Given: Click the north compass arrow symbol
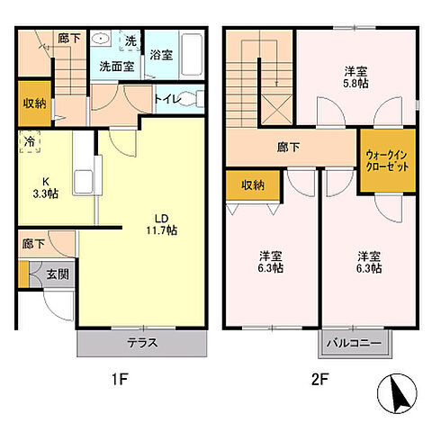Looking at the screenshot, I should click(399, 397).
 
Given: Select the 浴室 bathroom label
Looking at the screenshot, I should click(161, 55).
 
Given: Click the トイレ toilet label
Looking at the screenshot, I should click(166, 99).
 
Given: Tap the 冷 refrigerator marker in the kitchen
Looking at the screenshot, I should click(30, 141).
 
